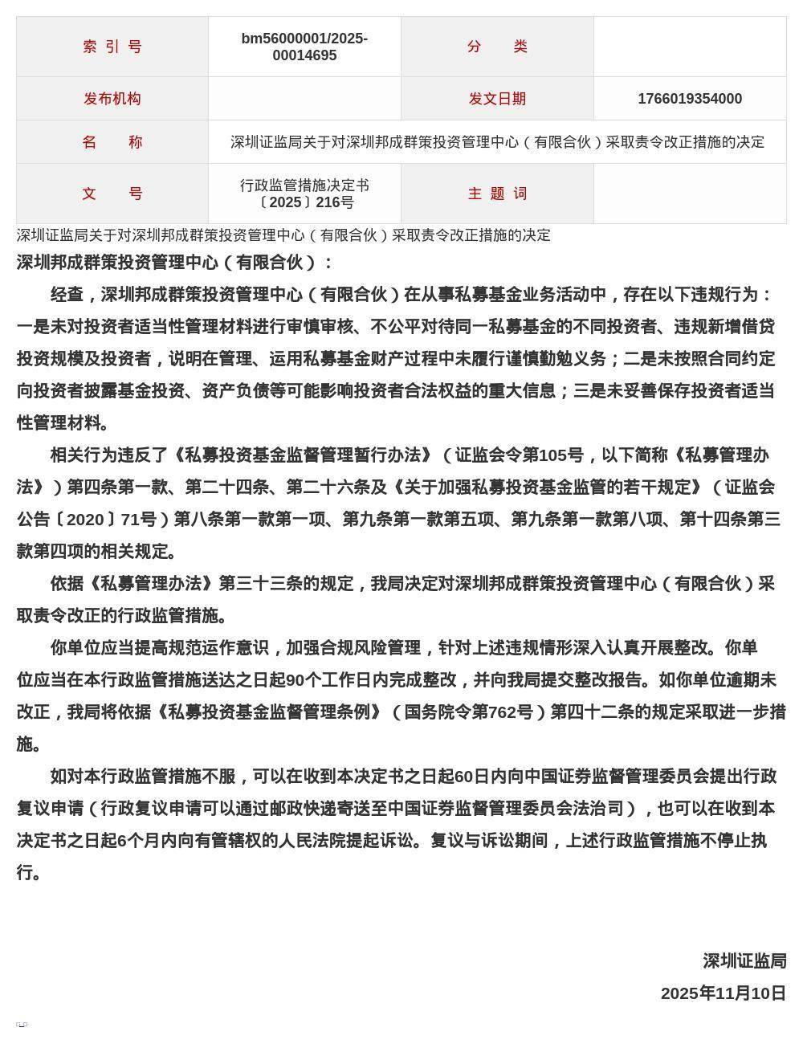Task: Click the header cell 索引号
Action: (112, 47)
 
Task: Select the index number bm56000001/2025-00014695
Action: (304, 47)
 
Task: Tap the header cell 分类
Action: (497, 47)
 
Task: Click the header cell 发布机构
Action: (112, 99)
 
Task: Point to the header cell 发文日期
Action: (497, 99)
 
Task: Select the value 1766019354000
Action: (690, 99)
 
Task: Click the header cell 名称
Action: (112, 142)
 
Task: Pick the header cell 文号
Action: (112, 194)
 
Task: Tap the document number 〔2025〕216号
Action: (304, 202)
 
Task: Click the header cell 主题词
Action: (497, 194)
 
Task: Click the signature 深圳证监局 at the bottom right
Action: (744, 961)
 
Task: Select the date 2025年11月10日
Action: (723, 993)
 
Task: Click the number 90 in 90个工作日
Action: (294, 680)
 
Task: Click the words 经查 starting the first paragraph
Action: (67, 295)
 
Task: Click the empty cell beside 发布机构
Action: (304, 99)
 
